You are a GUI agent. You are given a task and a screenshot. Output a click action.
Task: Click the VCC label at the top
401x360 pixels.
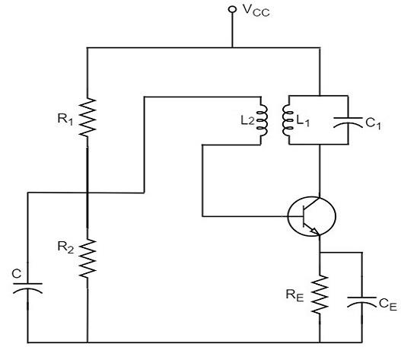(x=256, y=11)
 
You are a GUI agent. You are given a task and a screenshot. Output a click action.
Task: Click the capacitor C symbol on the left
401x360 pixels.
(x=28, y=288)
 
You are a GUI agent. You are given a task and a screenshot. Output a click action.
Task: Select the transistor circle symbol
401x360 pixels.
(x=313, y=216)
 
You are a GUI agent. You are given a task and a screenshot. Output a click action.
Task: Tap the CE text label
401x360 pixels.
(x=387, y=303)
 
